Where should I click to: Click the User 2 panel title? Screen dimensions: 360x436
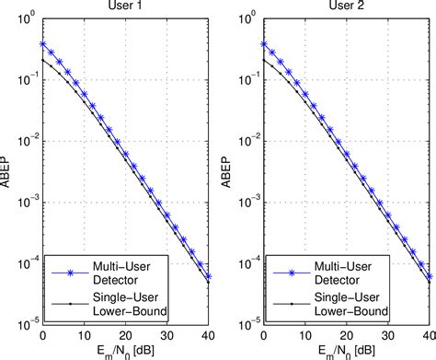[348, 6]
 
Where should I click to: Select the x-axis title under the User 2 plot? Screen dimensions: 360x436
[348, 351]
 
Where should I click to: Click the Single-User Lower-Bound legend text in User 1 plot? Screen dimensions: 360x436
[127, 303]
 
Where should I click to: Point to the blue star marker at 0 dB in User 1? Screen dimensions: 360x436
[43, 43]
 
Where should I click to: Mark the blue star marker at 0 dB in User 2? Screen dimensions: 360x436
[263, 43]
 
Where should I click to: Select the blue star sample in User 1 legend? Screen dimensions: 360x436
[67, 270]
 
